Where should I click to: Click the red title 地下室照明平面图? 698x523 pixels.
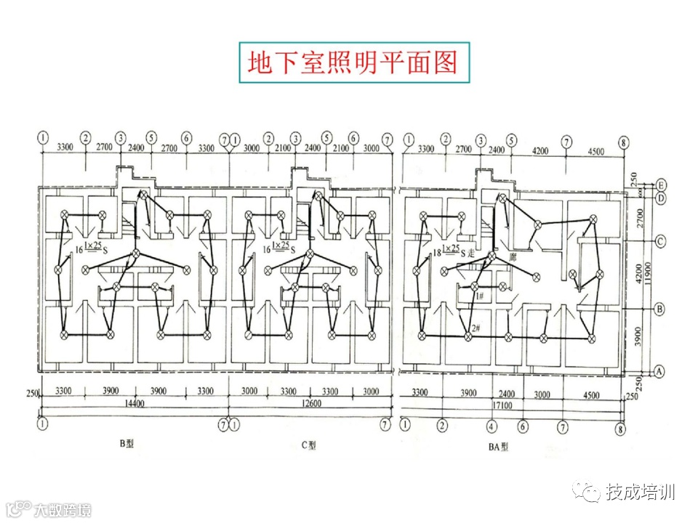tap(353, 62)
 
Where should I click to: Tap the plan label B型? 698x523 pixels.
tap(129, 443)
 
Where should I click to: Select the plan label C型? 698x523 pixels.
tap(309, 445)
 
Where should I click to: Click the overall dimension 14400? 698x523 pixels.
tap(135, 402)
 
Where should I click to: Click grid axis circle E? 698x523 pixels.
tap(662, 185)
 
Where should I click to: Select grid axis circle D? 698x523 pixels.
tap(662, 198)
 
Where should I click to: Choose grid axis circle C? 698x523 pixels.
tap(662, 241)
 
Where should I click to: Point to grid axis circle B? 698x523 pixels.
tap(660, 309)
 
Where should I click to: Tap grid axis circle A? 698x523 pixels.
tap(660, 370)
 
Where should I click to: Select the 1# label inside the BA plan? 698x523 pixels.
tap(479, 295)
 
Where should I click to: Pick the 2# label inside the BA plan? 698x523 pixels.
tap(476, 328)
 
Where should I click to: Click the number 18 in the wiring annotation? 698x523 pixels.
tap(438, 251)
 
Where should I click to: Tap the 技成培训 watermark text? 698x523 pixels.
tap(640, 492)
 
